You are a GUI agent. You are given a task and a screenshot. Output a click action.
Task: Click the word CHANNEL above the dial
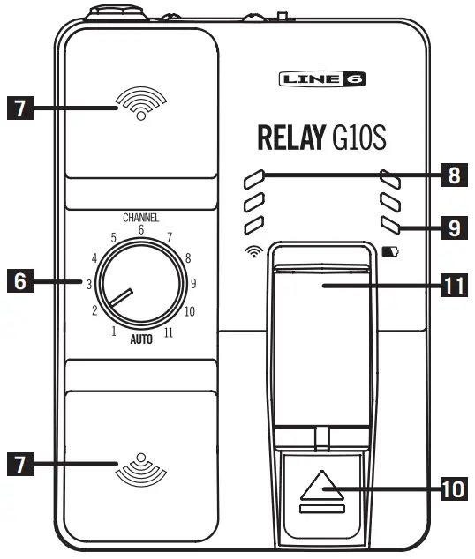(141, 217)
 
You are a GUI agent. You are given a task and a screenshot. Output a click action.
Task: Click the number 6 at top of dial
(141, 229)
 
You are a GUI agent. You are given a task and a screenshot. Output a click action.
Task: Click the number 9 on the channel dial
(193, 284)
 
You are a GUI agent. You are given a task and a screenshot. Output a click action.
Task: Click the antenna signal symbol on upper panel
(140, 104)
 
